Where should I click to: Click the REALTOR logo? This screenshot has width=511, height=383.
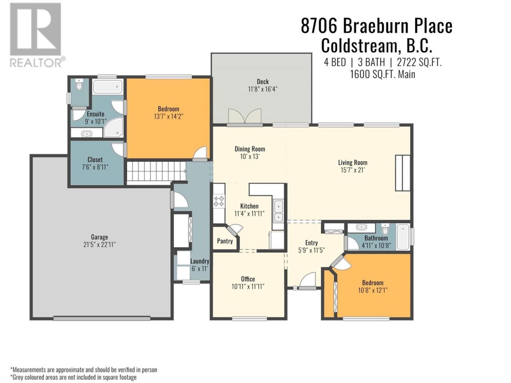coord(37,35)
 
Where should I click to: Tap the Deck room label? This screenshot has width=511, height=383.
coord(263,82)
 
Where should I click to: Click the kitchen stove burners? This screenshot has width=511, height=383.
coord(219,201)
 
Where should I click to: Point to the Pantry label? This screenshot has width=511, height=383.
coord(225,241)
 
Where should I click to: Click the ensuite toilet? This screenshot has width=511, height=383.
coord(79,84)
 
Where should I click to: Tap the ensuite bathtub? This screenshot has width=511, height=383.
coord(107,87)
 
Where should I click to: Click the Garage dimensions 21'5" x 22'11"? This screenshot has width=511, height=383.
coord(99,245)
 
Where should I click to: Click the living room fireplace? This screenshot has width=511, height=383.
coord(402,173)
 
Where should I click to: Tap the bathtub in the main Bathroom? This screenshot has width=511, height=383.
coord(403,237)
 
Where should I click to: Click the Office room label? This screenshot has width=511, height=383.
coord(248,279)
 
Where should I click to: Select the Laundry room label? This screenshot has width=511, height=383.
coord(200,261)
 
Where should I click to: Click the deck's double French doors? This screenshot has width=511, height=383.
coord(245,116)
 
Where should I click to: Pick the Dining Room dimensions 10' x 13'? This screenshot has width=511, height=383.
coord(250,156)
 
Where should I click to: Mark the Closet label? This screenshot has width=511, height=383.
coord(95,160)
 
